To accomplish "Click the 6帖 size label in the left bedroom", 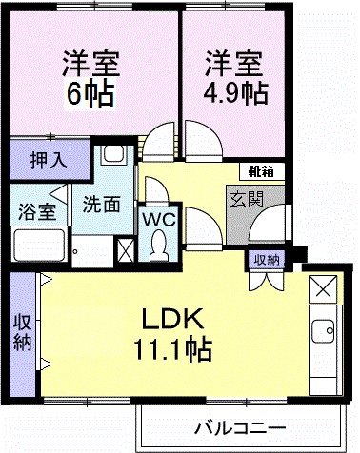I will coord(91,94).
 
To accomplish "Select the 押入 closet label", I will coord(47,159).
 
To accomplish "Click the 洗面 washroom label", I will coord(100,203).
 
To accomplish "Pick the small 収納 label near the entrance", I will coord(267,259).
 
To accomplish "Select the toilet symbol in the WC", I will coord(157,247).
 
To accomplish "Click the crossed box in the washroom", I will coord(124,249).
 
